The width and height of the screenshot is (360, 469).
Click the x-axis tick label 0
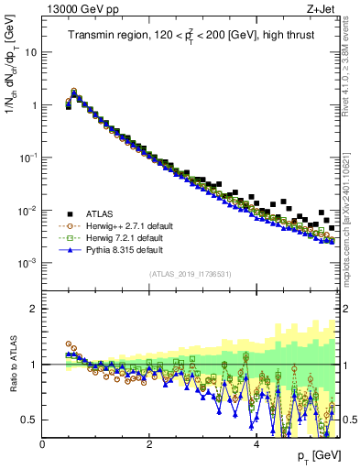tap(43, 444)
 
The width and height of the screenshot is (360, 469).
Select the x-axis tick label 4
tap(256, 444)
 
